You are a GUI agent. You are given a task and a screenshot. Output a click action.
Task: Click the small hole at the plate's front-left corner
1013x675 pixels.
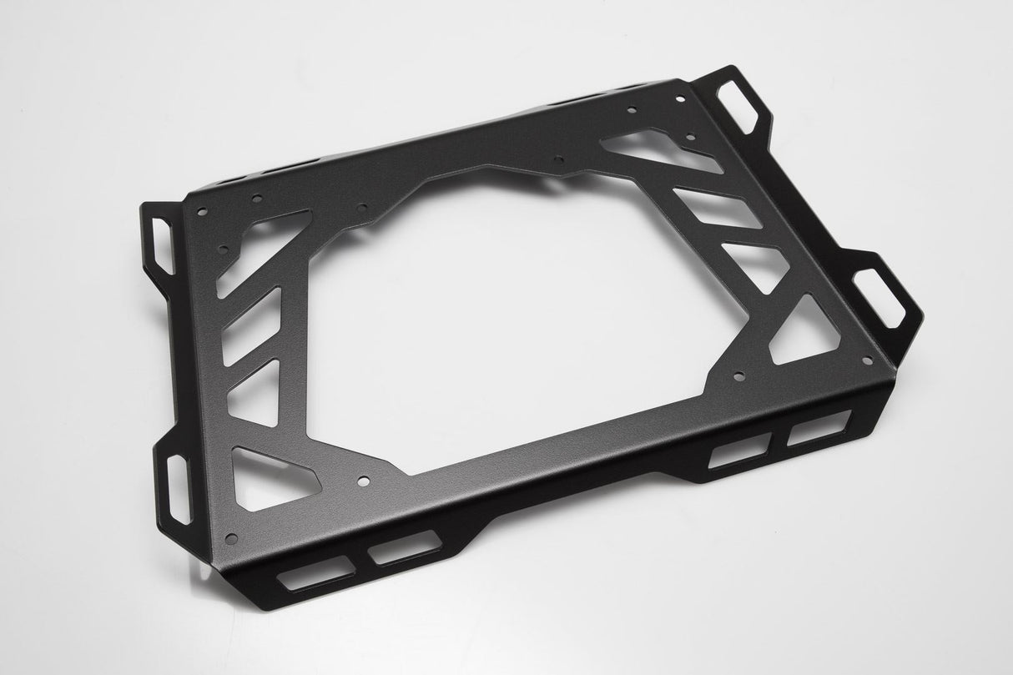click(231, 535)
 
